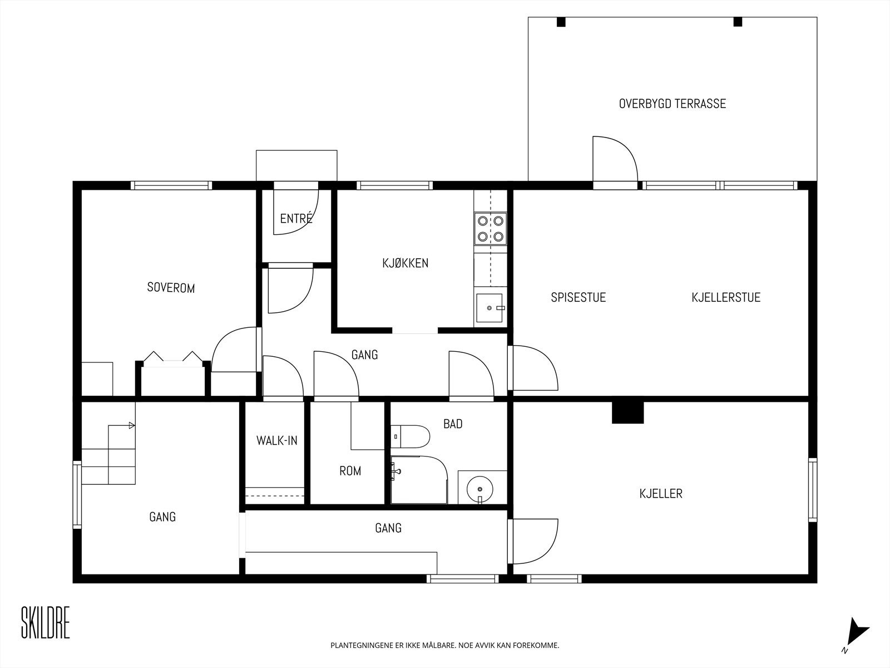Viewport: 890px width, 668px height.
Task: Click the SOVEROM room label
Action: pos(171,288)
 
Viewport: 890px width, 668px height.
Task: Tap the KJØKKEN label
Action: pos(405,263)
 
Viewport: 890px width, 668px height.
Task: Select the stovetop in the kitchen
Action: pos(491,229)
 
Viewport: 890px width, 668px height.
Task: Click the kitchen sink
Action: pos(490,308)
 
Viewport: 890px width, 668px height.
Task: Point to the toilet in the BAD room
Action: pos(410,436)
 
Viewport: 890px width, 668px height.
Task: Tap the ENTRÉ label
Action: pos(296,219)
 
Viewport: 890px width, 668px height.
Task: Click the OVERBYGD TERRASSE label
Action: pos(673,104)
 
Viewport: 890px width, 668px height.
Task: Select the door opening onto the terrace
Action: pos(615,162)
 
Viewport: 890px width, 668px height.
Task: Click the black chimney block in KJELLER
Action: pos(627,412)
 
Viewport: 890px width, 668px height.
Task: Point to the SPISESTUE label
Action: pos(578,297)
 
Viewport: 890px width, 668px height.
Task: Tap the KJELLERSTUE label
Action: pos(726,297)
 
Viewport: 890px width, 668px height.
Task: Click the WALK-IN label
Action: pos(277,440)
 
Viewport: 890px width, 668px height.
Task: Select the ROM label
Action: pos(350,471)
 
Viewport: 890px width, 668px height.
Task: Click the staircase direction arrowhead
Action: pos(132,425)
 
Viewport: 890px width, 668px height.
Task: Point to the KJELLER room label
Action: pos(661,494)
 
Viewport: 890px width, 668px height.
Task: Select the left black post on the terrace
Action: pos(561,22)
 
